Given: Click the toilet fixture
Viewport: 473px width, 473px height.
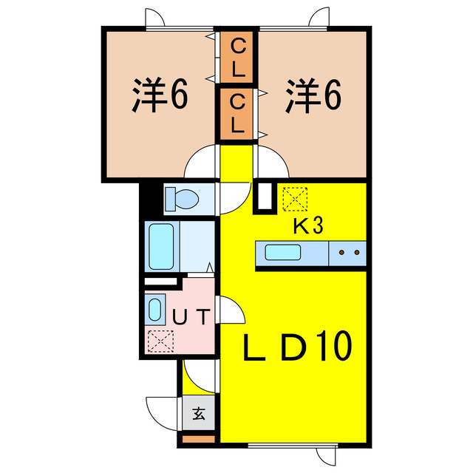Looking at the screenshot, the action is [182, 199].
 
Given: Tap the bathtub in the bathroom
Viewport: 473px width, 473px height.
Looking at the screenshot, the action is [161, 246].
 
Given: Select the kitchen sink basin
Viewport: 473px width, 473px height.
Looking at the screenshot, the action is [282, 253].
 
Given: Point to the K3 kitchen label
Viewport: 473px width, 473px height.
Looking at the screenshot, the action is [308, 226].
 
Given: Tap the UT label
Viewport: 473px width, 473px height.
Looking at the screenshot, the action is [191, 317].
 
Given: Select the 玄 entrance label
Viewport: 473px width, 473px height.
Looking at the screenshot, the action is [199, 414].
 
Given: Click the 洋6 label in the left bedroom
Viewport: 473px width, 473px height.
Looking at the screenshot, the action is [160, 95].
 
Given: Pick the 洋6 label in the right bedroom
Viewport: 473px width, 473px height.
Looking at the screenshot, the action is [313, 96].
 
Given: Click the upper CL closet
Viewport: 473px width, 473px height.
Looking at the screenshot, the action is [236, 57].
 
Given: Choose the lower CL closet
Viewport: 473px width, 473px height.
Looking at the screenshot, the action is [236, 114].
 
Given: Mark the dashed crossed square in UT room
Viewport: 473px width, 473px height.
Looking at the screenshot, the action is [161, 341].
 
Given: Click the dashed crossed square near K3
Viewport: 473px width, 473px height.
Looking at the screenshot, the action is [295, 199].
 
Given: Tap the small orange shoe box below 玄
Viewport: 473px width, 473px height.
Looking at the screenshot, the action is [198, 439].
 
